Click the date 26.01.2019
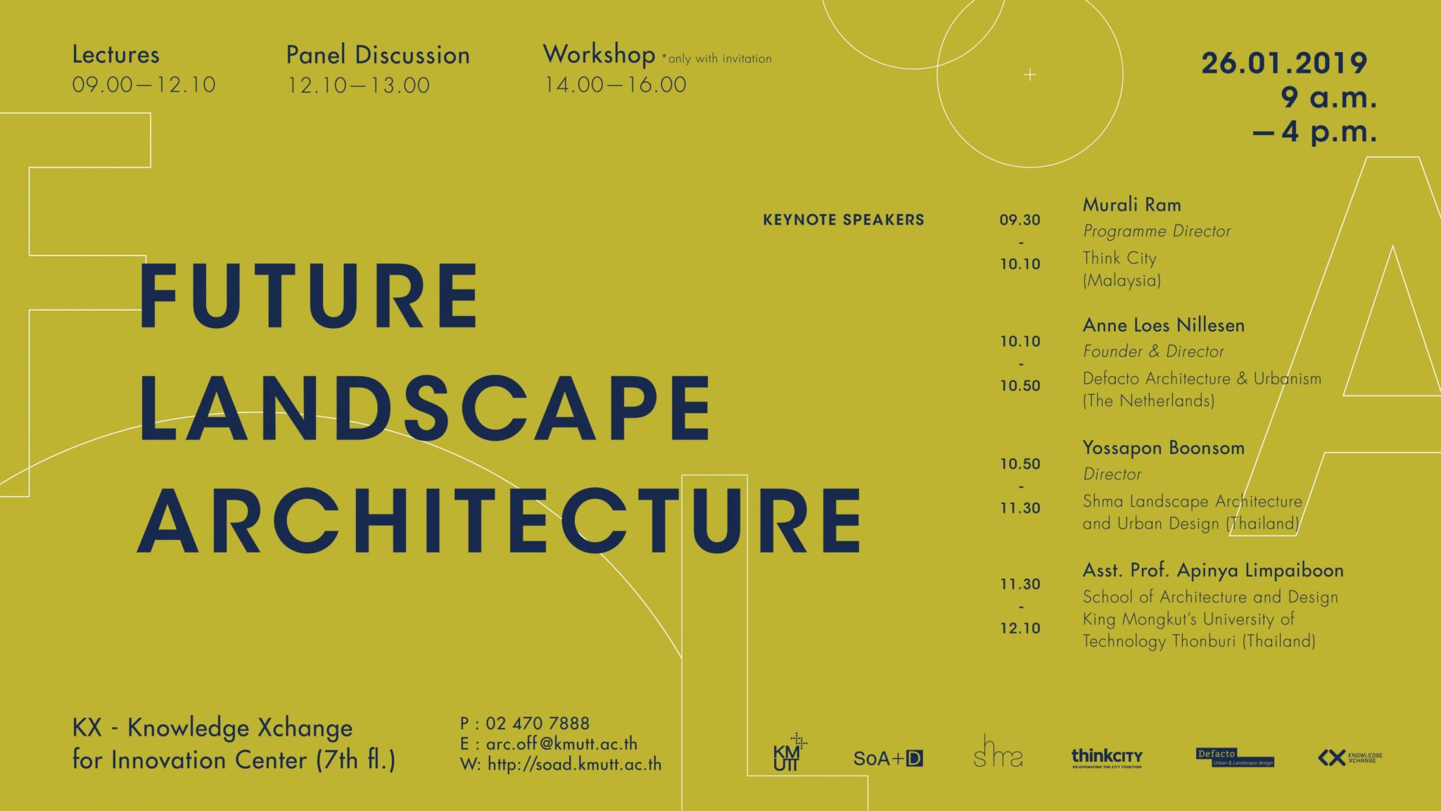[x=1283, y=63]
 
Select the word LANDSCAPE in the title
[x=425, y=408]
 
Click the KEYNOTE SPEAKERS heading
[x=844, y=220]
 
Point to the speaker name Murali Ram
[x=1131, y=205]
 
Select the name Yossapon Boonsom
[x=1163, y=448]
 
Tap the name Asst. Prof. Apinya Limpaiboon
[x=1212, y=570]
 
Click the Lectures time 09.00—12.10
[x=144, y=85]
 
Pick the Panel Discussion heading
[x=378, y=55]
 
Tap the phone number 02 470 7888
[x=537, y=723]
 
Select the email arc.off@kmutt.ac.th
[x=561, y=743]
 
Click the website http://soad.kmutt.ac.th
[x=574, y=764]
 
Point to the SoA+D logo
[x=888, y=758]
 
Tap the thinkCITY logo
[x=1107, y=757]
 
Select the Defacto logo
[x=1235, y=757]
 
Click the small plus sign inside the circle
[x=1029, y=75]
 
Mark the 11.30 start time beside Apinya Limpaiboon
[x=1020, y=584]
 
